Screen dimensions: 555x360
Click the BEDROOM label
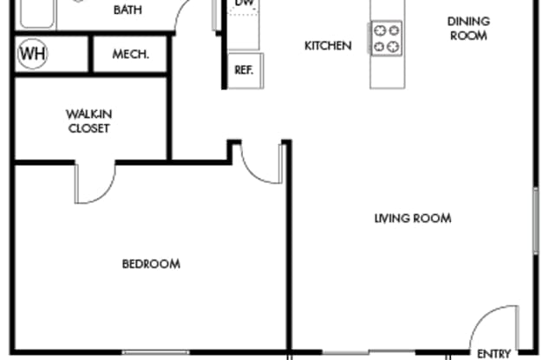click(x=151, y=264)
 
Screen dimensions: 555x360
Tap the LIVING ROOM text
click(x=413, y=218)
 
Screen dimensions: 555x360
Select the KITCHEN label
click(x=328, y=46)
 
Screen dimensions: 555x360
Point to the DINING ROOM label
click(x=468, y=29)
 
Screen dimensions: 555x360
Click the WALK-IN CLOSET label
click(x=88, y=121)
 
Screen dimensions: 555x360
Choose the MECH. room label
click(x=131, y=54)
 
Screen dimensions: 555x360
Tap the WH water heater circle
click(x=32, y=54)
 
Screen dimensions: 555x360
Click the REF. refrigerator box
click(x=245, y=70)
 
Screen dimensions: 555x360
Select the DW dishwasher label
click(x=245, y=3)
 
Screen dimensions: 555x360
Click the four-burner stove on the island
click(x=387, y=38)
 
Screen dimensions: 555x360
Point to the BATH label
click(x=127, y=10)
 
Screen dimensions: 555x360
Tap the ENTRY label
click(x=493, y=354)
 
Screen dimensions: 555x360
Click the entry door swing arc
click(x=484, y=316)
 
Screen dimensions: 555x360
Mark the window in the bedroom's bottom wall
click(x=156, y=352)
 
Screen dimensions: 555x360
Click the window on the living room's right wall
click(x=536, y=220)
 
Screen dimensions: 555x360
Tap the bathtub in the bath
click(x=36, y=14)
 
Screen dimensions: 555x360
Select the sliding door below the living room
click(x=369, y=352)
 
